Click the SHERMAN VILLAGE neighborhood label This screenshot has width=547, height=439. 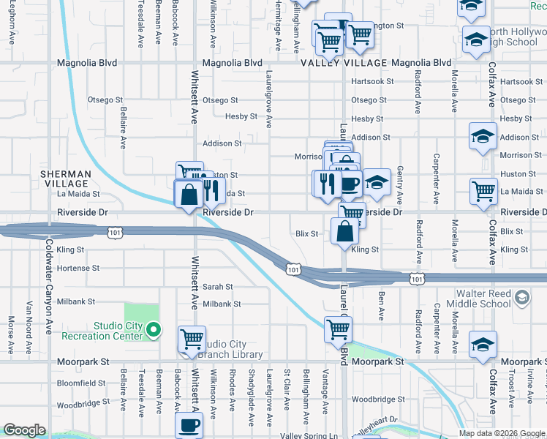point(65,179)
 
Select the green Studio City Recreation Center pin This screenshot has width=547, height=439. point(153,331)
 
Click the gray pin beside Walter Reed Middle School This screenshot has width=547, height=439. point(521,297)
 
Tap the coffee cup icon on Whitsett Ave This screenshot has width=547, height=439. point(189,424)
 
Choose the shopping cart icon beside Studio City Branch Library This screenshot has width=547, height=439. point(192,339)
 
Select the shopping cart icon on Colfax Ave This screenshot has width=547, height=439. point(484,192)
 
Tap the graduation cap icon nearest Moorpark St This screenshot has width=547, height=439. point(483,344)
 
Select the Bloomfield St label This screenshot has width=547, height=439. point(81,383)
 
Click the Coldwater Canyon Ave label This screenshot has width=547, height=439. point(49,286)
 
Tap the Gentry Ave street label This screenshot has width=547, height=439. point(399,184)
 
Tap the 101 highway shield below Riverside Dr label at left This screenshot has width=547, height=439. point(114,232)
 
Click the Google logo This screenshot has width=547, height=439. point(24,430)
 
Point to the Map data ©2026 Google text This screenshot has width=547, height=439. point(502,433)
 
